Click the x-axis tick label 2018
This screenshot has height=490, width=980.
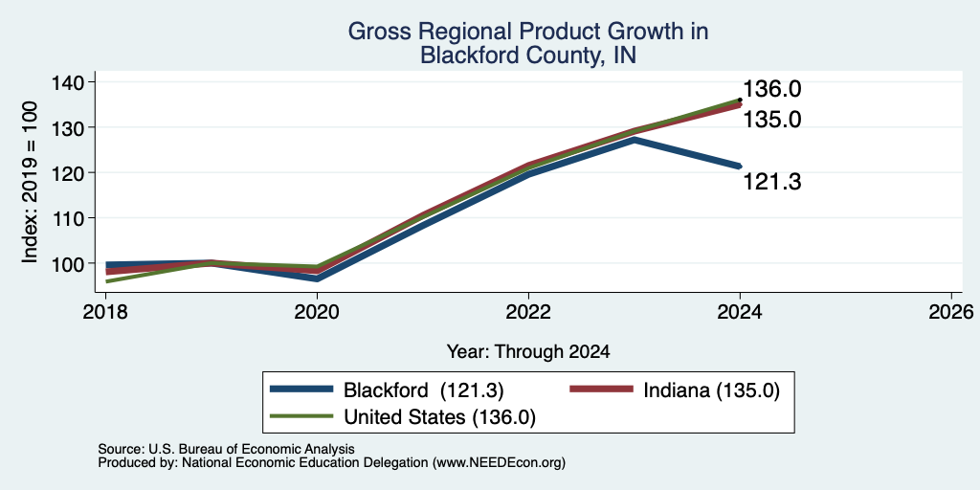click(x=106, y=311)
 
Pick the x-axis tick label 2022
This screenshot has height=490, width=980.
click(x=528, y=311)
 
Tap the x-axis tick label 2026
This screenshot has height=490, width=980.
click(x=951, y=311)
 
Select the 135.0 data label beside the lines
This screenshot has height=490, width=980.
click(x=771, y=119)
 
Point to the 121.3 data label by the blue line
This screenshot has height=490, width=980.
click(x=771, y=182)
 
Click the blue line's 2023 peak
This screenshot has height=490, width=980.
click(x=635, y=140)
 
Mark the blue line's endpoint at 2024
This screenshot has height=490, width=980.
click(x=740, y=167)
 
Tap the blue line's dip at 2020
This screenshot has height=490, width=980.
click(x=318, y=278)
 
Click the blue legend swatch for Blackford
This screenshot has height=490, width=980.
click(x=301, y=390)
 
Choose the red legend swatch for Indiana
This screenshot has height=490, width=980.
click(x=602, y=390)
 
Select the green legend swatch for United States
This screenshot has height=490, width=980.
click(x=301, y=416)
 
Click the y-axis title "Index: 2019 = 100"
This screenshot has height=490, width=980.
click(x=31, y=182)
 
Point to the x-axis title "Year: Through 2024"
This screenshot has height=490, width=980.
click(x=528, y=352)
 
